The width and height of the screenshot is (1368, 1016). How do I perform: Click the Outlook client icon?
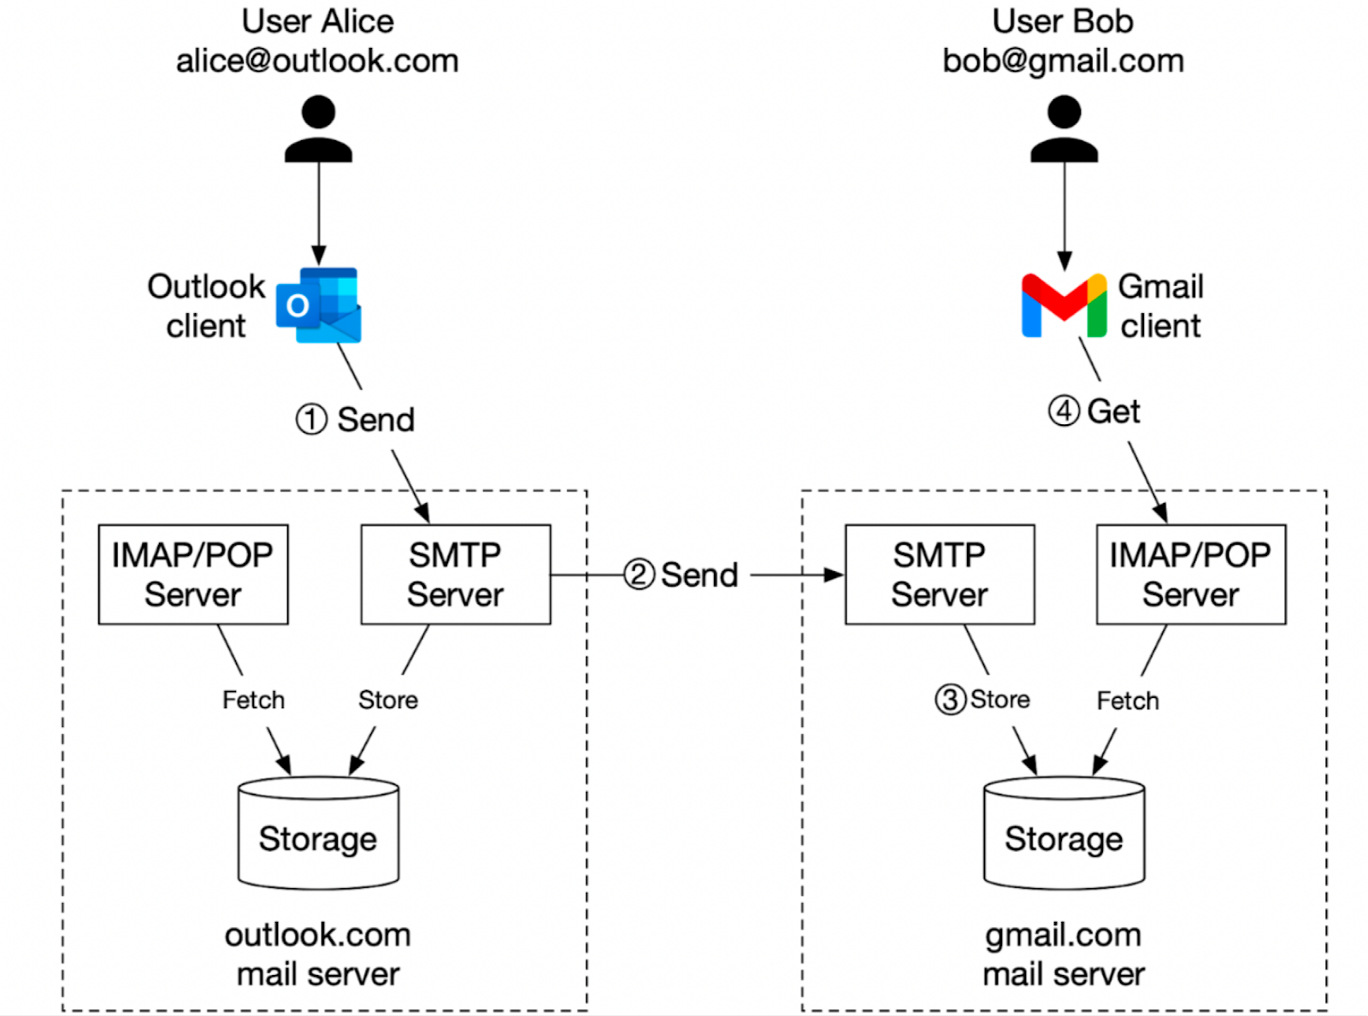click(x=319, y=305)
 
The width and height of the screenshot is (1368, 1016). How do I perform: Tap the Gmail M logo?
click(x=1064, y=306)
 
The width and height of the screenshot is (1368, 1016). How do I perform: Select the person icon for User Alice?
click(x=318, y=129)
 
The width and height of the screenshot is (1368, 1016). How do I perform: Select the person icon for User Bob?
click(x=1064, y=129)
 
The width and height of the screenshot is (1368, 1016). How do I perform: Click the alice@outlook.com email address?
click(x=317, y=61)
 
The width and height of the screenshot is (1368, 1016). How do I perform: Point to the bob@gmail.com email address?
click(x=1063, y=61)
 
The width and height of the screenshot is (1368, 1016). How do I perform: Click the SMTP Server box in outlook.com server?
click(x=455, y=575)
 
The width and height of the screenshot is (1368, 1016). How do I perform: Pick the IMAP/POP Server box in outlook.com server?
click(x=193, y=575)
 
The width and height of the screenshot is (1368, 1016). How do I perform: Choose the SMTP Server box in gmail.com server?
click(x=940, y=575)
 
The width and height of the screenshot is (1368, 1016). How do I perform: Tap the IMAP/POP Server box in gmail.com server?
click(x=1190, y=575)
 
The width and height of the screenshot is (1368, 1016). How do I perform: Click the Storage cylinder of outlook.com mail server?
click(x=318, y=834)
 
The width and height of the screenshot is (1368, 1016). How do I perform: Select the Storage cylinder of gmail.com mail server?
click(x=1064, y=834)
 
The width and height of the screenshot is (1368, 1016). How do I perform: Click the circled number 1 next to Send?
click(x=311, y=420)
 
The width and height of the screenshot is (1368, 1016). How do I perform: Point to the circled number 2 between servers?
click(x=639, y=575)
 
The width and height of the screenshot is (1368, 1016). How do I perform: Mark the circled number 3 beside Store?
click(x=950, y=700)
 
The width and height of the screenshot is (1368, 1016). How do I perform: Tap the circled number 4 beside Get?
click(x=1064, y=411)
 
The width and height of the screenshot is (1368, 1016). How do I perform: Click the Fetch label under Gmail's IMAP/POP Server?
click(x=1128, y=700)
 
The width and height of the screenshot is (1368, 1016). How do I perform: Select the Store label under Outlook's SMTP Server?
click(x=388, y=700)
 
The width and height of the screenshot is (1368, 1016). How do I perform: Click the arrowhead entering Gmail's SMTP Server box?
click(x=834, y=575)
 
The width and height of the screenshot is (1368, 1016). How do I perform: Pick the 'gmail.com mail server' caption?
click(x=1063, y=954)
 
